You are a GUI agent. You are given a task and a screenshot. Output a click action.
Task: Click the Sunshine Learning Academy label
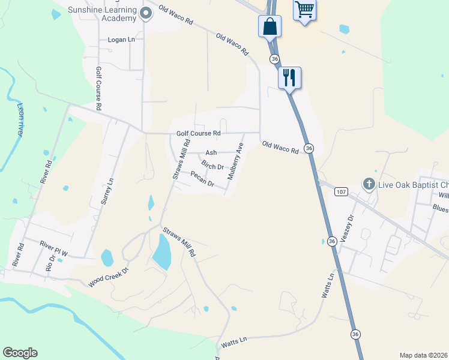coord(101,15)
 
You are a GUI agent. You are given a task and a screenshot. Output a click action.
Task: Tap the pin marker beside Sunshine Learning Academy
coord(146,13)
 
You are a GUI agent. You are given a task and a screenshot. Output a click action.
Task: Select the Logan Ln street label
coord(121,40)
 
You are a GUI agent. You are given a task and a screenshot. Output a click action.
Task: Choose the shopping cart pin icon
coord(304,10)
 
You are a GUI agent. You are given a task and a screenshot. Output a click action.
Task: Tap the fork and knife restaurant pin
coord(289,77)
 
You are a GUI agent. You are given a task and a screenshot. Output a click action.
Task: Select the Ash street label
coord(211,153)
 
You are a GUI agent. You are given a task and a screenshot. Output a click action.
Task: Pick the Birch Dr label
coord(212,165)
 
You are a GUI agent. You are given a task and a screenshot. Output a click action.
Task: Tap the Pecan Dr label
coord(202,179)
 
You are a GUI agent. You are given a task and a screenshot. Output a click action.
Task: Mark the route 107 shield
coord(341,191)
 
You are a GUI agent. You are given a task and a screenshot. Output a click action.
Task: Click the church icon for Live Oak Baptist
coord(369,184)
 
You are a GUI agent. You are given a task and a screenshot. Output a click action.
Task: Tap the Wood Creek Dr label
coord(109,277)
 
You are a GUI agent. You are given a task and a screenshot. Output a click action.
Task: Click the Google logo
coord(20,353)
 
